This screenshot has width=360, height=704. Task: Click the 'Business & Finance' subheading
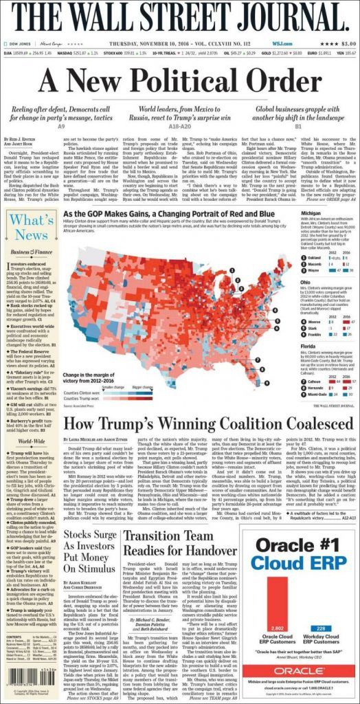tap(29, 252)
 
